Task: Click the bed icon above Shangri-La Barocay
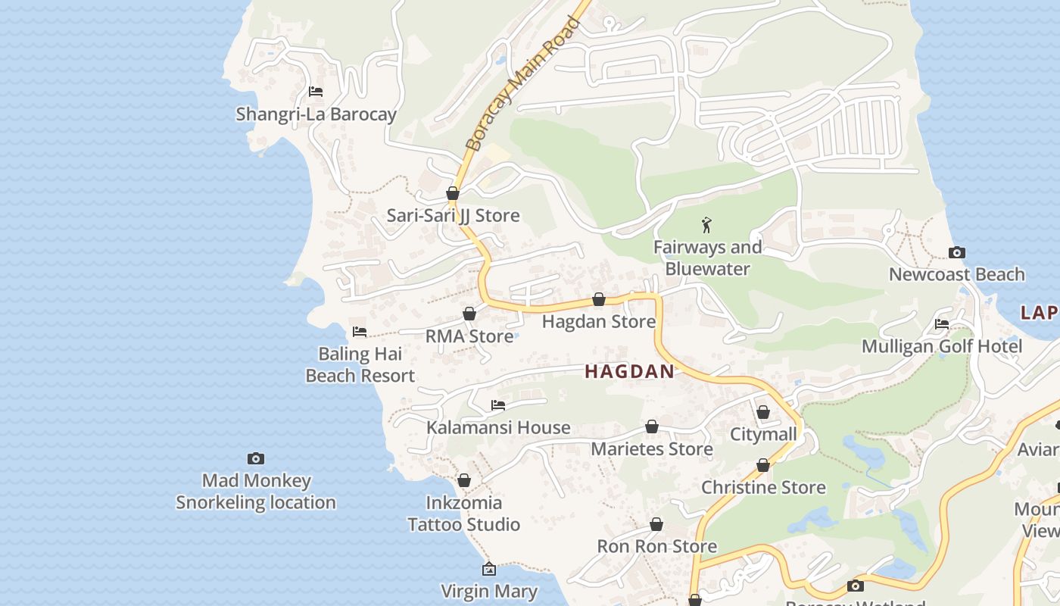coord(316,92)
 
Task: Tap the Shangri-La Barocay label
coord(316,114)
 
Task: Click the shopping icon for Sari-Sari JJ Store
coord(453,193)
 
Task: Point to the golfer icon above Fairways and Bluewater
coord(707,225)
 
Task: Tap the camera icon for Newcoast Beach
coord(956,252)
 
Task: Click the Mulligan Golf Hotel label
coord(942,346)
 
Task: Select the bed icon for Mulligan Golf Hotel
coord(942,324)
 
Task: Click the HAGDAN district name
coord(629,371)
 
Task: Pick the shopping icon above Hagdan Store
coord(599,299)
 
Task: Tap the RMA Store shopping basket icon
coord(469,314)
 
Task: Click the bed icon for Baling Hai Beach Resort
coord(360,332)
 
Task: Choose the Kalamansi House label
coord(498,427)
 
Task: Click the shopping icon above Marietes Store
coord(652,426)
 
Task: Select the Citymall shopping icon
coord(763,412)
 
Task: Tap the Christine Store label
coord(763,487)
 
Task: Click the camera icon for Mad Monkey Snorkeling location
coord(256,458)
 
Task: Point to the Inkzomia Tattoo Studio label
coord(463,514)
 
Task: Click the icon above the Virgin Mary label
coord(489,569)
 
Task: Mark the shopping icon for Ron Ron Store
coord(656,524)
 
